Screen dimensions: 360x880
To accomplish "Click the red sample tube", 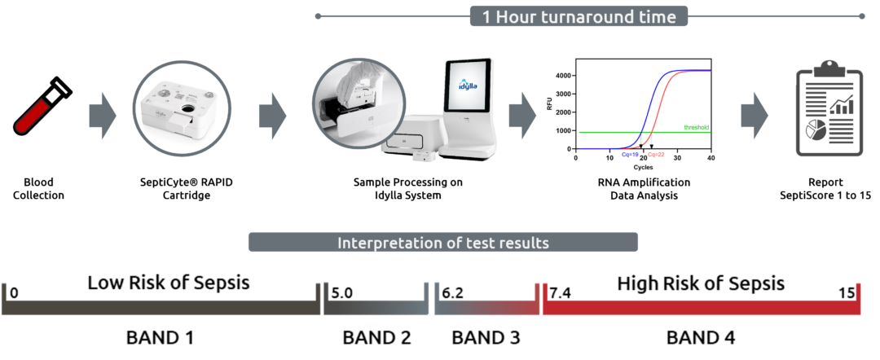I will tap(33, 116).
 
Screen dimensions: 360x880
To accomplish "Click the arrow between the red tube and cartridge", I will tap(103, 116).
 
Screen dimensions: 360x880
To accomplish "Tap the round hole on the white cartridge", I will tap(188, 109).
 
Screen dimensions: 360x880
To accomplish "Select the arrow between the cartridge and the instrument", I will tap(273, 116).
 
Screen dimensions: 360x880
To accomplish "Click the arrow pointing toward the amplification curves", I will tap(522, 116).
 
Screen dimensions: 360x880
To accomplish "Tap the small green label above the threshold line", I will tap(697, 126).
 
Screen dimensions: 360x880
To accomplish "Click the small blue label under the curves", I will tap(630, 154).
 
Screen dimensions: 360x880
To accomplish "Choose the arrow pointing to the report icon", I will tap(755, 116).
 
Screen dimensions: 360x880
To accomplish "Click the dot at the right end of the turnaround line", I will tap(862, 16).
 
